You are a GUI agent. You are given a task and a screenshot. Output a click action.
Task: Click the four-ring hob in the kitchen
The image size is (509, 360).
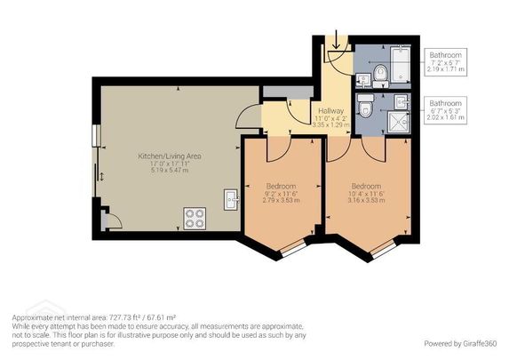pos(194,215)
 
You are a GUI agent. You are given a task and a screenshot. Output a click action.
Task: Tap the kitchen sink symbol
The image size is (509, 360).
pos(232,199)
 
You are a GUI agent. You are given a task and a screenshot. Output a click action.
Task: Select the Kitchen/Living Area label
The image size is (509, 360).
pos(169,156)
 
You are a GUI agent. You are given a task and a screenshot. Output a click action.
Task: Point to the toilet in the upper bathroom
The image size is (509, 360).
pos(379,74)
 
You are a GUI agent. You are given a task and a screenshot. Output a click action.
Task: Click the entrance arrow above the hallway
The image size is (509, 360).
pos(337,40)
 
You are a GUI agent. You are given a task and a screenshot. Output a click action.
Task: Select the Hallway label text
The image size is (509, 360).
pos(330,111)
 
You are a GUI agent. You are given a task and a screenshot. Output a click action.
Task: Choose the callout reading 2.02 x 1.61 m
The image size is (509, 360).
pos(447,116)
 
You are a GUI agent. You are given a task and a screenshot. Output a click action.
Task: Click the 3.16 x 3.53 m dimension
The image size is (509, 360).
pos(366,201)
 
